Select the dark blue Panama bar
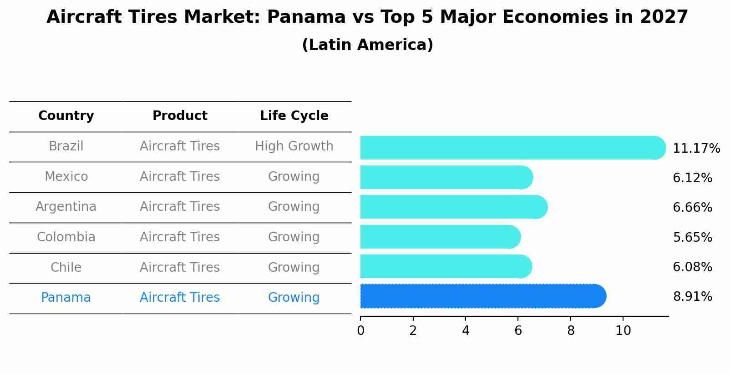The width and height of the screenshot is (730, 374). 482,296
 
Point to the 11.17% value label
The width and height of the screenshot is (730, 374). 696,149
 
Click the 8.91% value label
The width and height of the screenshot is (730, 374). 692,297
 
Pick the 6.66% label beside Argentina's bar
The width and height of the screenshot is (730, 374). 692,208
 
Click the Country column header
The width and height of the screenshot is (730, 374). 66,116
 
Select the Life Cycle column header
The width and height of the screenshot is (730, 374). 294,116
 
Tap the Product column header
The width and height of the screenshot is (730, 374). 180,116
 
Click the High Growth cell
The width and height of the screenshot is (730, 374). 294,146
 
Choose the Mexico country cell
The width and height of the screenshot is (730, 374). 66,176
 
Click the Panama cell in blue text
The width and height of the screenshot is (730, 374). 66,298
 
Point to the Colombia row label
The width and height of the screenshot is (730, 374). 66,237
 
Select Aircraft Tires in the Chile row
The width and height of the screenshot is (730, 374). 180,267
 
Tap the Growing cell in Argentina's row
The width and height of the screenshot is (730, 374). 294,207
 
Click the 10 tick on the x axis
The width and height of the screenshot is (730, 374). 623,331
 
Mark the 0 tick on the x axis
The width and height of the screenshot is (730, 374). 360,331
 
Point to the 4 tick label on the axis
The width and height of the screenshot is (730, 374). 466,331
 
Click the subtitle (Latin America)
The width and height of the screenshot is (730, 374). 367,45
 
